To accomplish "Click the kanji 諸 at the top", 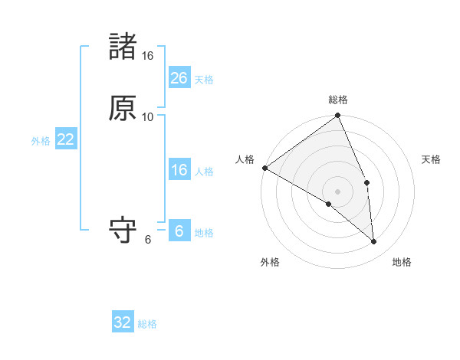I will point(123,47).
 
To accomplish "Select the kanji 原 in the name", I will point(123,108).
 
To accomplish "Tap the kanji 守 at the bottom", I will point(123,231).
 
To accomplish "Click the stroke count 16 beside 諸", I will point(148,56).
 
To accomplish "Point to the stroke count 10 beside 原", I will point(148,117).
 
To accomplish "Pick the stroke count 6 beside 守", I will point(148,240).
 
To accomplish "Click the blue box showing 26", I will point(179,78).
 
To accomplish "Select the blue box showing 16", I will point(179,170).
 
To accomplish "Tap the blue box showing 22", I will point(65,139).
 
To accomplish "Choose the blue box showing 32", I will point(123,322).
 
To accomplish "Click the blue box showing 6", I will point(179,231).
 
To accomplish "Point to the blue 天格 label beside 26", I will point(204,79).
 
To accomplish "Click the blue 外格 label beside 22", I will point(41,140).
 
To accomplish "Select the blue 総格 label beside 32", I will point(147,324).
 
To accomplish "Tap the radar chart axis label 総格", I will point(338,100).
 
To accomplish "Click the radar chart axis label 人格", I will point(245,159).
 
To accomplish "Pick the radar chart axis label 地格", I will point(402,263).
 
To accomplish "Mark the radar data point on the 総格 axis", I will point(338,116).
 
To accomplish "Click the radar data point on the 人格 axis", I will point(264,168).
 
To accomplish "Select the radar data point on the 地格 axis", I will point(374,242).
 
